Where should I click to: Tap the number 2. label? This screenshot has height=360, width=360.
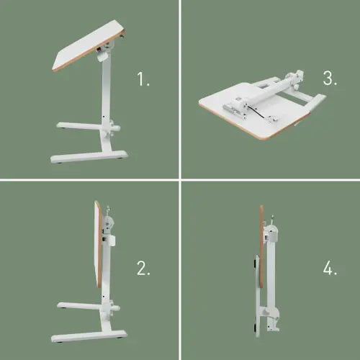pyautogui.click(x=143, y=269)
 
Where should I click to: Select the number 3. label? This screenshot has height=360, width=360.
pyautogui.click(x=330, y=79)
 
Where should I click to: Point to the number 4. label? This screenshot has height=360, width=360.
pyautogui.click(x=330, y=269)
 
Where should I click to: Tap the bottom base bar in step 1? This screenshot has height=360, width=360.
pyautogui.click(x=90, y=156)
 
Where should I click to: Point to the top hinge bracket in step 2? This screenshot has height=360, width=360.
pyautogui.click(x=108, y=219)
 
